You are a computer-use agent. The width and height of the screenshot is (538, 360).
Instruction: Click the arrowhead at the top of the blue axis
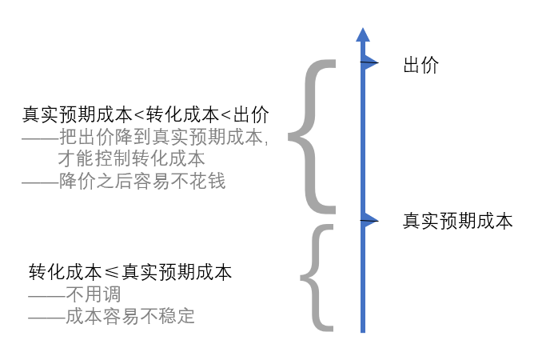coord(363,34)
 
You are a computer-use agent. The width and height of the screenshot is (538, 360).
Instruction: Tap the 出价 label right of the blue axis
coord(421,66)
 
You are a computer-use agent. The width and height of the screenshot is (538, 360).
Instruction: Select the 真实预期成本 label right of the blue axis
coord(457,221)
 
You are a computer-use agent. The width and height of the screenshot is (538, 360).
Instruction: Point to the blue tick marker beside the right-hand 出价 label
coord(369,63)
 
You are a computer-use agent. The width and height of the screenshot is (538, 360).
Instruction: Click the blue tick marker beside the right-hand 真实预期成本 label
coord(369,220)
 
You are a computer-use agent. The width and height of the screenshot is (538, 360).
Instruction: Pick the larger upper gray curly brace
coord(309,136)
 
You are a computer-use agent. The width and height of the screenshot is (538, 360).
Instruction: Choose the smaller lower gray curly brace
coord(317,278)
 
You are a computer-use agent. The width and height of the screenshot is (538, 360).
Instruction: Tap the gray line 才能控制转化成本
coord(132,158)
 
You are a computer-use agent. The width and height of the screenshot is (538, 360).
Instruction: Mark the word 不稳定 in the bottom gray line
coord(169,316)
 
